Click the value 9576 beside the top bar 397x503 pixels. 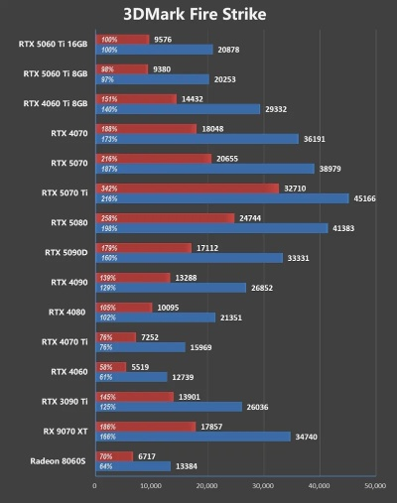166,39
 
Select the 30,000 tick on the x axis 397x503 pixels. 263,486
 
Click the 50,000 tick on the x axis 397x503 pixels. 374,486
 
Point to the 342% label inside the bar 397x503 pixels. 110,188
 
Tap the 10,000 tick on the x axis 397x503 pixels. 151,486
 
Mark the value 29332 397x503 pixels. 276,109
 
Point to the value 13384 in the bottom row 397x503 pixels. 188,466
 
